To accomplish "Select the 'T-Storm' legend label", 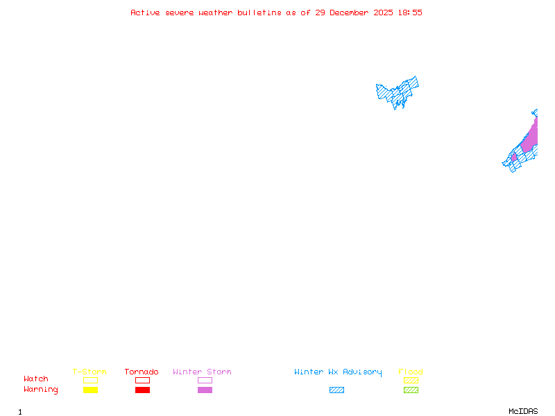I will pos(89,372).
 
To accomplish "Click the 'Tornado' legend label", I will pos(142,372).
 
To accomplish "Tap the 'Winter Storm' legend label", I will pos(202,372).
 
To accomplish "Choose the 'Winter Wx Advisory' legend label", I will pos(338,372).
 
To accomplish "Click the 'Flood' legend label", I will pos(411,372).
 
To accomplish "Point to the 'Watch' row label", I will pos(36,379).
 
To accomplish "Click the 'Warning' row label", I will pos(41,390).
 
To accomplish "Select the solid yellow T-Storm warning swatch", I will pos(90,390).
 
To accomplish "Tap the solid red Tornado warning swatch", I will pos(142,390).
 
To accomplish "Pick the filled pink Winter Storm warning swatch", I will pos(205,390).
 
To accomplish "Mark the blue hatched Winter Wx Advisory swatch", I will pos(336,390).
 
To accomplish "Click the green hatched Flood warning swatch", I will pos(411,390).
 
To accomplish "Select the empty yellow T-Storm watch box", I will pos(90,380).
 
